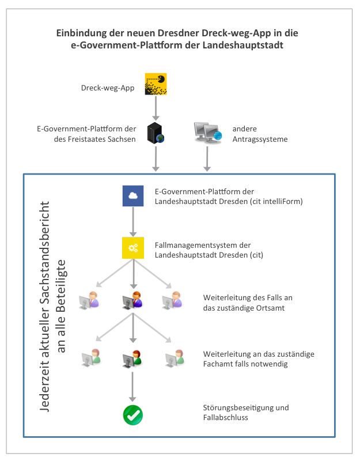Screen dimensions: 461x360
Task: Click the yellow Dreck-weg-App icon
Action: (x=156, y=84)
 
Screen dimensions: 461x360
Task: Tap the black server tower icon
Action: (x=156, y=133)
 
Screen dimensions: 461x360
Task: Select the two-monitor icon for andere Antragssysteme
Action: (x=207, y=133)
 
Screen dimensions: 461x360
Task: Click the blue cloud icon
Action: (x=132, y=196)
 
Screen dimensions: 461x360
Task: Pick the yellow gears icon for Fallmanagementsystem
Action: (x=132, y=248)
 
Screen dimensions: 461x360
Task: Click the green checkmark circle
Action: (x=132, y=414)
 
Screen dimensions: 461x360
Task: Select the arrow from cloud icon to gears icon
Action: (x=132, y=222)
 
